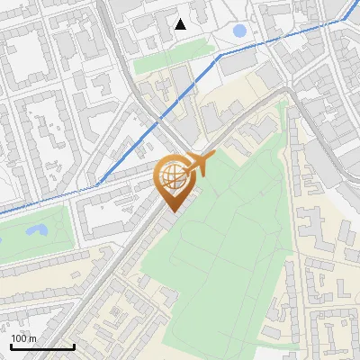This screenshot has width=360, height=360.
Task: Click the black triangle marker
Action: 180,24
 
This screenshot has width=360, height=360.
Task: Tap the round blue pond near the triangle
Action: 239,31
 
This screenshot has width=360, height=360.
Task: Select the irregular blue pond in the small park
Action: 37,231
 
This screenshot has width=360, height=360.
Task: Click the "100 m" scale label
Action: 23,338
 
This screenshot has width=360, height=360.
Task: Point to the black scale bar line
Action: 42,346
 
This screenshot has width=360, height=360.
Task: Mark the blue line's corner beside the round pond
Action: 219,55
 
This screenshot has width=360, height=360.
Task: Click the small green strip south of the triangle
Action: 162,64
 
